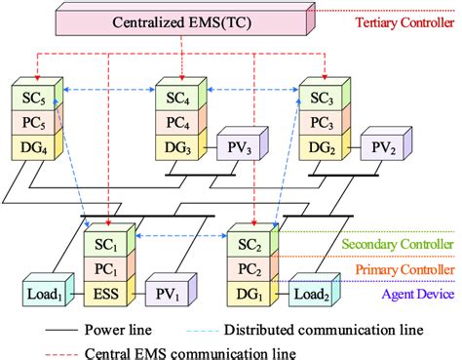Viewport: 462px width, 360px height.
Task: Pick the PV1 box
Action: [x=166, y=291]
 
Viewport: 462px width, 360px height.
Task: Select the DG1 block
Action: [x=250, y=291]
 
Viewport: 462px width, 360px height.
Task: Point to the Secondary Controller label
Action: [x=399, y=244]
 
